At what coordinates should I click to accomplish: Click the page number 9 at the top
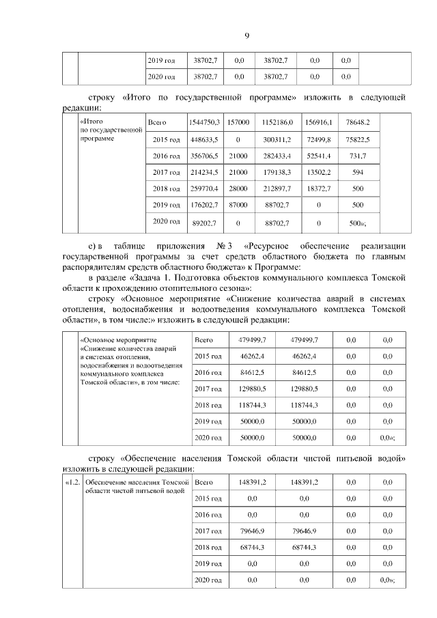point(246,36)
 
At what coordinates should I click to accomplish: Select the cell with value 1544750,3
point(203,123)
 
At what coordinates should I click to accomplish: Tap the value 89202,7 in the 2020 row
point(203,223)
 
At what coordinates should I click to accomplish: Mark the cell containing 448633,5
point(203,139)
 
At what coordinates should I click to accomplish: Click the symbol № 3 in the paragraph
point(226,246)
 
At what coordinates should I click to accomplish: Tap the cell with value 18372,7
point(319,188)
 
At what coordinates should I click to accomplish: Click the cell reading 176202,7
point(203,205)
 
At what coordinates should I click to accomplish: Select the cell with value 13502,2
point(319,172)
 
